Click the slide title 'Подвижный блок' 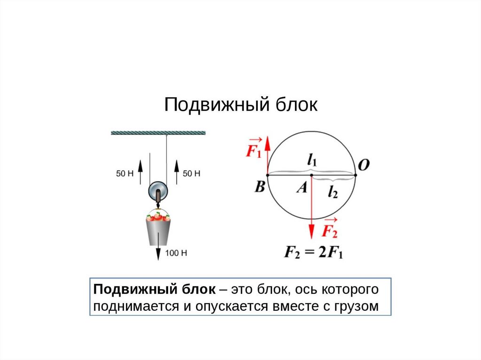point(240,105)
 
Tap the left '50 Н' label point(124,174)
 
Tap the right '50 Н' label point(191,174)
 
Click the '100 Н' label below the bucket point(177,253)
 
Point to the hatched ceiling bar point(158,133)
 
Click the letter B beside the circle point(260,187)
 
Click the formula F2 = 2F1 point(314,253)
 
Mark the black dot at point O point(355,175)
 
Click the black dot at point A point(311,175)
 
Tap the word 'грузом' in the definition point(356,306)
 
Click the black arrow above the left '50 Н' point(140,167)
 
